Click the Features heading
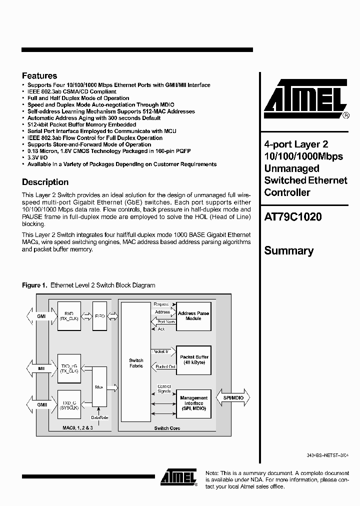pos(39,76)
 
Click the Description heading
pos(45,182)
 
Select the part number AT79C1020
pos(293,217)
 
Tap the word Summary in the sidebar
pos(289,250)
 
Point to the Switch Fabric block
pos(136,363)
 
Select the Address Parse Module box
pos(193,316)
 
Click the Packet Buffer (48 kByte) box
pos(193,359)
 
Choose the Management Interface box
pos(193,403)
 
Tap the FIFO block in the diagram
pos(99,316)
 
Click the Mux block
pos(99,386)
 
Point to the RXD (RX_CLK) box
pos(69,316)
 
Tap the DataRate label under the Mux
pos(99,417)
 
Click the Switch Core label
pos(167,428)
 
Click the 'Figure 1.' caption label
pos(34,285)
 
